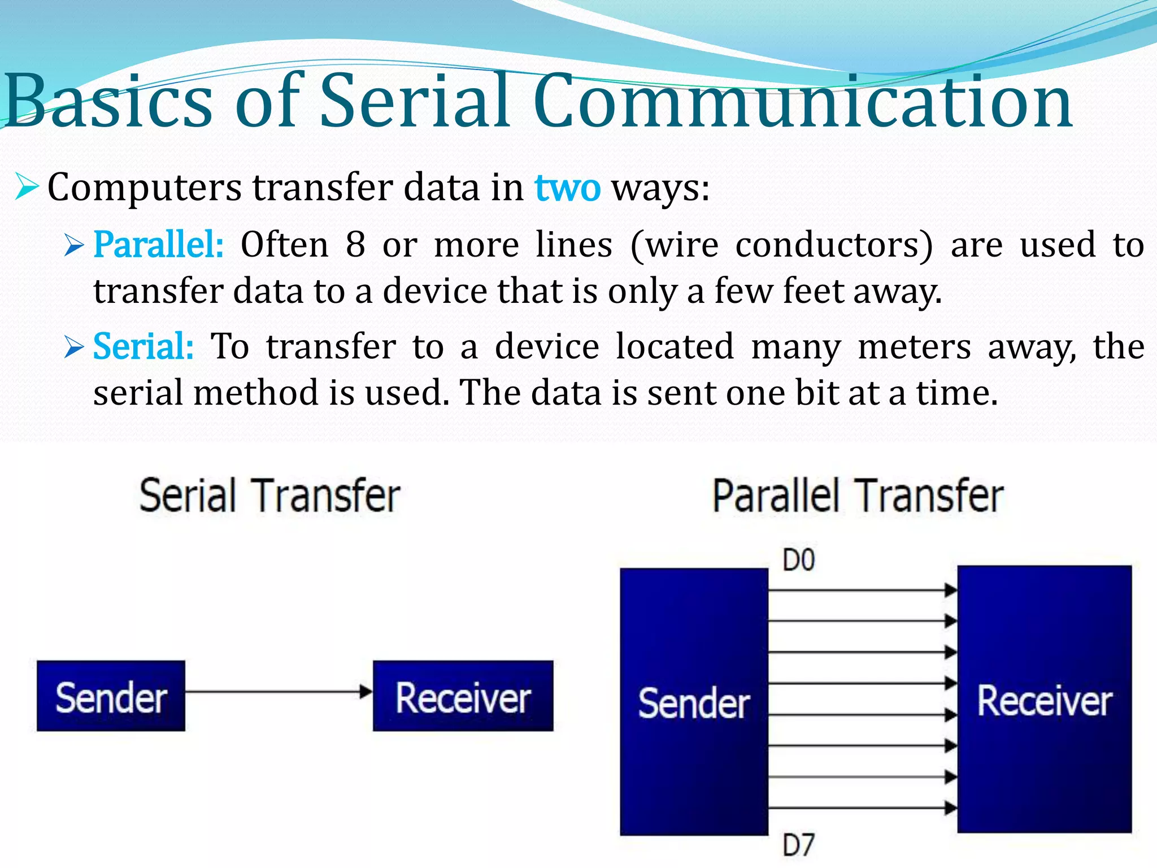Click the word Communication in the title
click(802, 102)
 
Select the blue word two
click(567, 188)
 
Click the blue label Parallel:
click(158, 245)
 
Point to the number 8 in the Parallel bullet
click(355, 245)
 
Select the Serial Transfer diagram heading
click(270, 496)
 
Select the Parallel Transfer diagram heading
click(858, 496)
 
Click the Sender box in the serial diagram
click(111, 696)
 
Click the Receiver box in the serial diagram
click(463, 696)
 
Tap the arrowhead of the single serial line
click(366, 691)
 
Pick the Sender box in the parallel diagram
click(694, 702)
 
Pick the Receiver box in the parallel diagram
click(1044, 700)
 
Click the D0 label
click(798, 561)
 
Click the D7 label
click(798, 845)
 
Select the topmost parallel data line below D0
click(859, 591)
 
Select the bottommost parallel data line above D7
click(859, 808)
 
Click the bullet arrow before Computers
click(27, 188)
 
